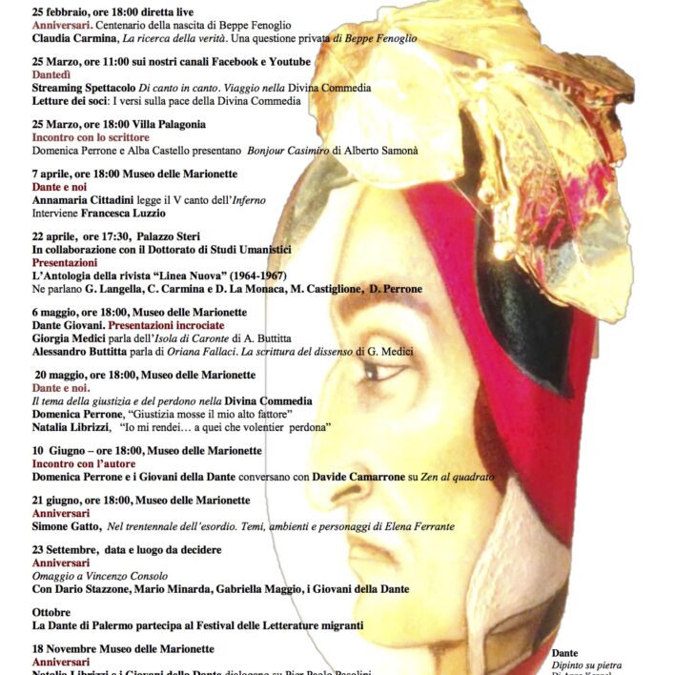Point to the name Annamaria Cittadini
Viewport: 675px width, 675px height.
tap(82, 200)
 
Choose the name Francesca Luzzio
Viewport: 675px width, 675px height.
tap(129, 214)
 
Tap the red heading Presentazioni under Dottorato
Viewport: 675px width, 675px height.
tap(65, 262)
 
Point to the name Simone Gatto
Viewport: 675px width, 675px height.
tap(67, 526)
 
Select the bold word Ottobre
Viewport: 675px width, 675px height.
tap(52, 612)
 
